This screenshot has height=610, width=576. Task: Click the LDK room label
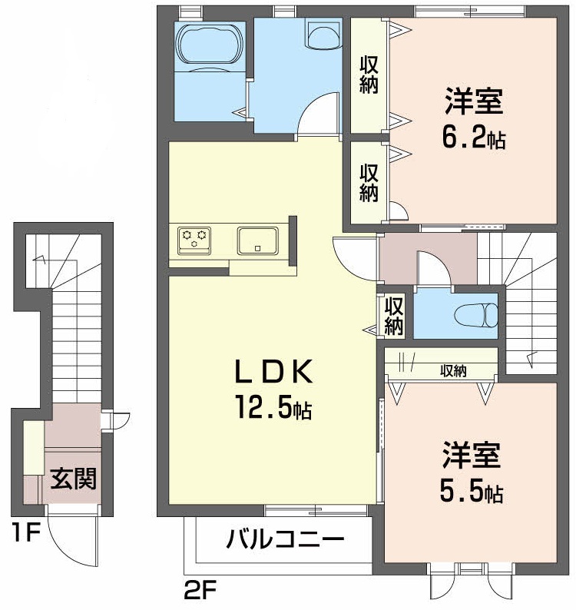273,373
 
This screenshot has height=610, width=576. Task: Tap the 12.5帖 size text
273,409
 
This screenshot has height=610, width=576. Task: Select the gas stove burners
194,239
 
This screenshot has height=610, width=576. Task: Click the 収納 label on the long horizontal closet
453,371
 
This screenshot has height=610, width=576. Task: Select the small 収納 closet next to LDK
394,316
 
